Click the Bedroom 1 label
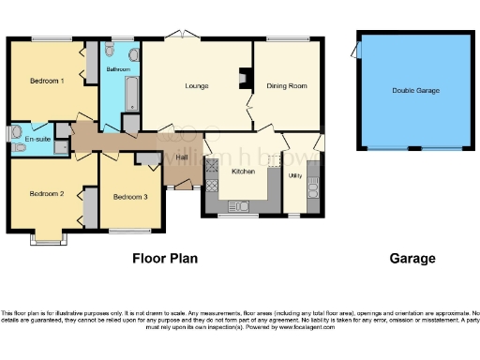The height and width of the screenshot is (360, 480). tap(47, 82)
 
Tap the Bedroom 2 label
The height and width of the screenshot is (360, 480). tap(46, 194)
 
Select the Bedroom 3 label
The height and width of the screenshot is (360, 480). tap(130, 197)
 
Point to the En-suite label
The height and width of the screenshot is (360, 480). tap(37, 139)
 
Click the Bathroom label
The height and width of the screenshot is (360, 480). tap(118, 70)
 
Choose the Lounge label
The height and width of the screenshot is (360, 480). tap(197, 86)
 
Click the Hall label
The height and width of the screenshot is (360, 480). tap(182, 157)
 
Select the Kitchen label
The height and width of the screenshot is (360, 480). tap(243, 172)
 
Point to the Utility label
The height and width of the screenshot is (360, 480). tap(294, 175)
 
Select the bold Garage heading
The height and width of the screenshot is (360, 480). tap(412, 258)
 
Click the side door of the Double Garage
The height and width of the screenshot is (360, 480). tap(357, 51)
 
